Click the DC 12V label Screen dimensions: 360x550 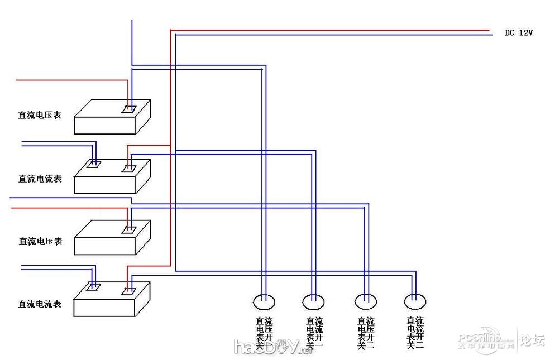click(519, 33)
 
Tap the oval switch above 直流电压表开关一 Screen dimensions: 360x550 click(264, 302)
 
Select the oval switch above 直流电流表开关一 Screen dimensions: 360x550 click(314, 302)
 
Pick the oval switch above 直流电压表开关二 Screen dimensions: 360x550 click(366, 302)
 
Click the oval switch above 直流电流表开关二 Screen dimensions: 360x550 click(415, 302)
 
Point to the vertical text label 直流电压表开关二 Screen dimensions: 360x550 click(366, 333)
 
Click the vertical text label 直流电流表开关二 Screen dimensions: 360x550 click(415, 333)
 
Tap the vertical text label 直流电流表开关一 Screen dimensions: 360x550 click(314, 333)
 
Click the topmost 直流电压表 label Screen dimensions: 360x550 click(39, 116)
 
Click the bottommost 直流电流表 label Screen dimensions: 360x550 click(39, 305)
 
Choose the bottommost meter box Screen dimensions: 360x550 click(112, 301)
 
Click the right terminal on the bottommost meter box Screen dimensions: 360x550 click(128, 291)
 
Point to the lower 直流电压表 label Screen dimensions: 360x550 click(40, 242)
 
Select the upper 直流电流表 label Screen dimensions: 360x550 click(40, 179)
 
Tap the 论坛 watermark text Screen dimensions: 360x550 click(532, 339)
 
